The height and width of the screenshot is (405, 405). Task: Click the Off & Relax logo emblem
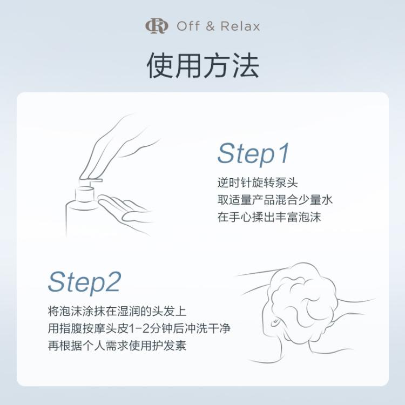(157, 26)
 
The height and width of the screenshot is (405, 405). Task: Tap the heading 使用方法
(202, 65)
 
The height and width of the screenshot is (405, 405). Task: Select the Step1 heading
(253, 154)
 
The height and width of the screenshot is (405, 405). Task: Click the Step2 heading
(84, 282)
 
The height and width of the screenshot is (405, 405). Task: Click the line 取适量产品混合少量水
(274, 200)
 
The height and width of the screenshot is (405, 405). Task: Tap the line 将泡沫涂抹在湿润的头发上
(117, 312)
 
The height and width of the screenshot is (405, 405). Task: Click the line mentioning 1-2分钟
(143, 329)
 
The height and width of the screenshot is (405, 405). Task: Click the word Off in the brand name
(187, 26)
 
